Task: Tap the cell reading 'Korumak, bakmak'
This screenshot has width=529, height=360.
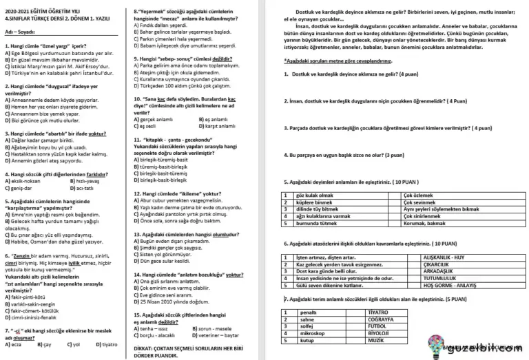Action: pos(424,224)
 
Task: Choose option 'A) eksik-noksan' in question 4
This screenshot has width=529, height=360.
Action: pos(25,181)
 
